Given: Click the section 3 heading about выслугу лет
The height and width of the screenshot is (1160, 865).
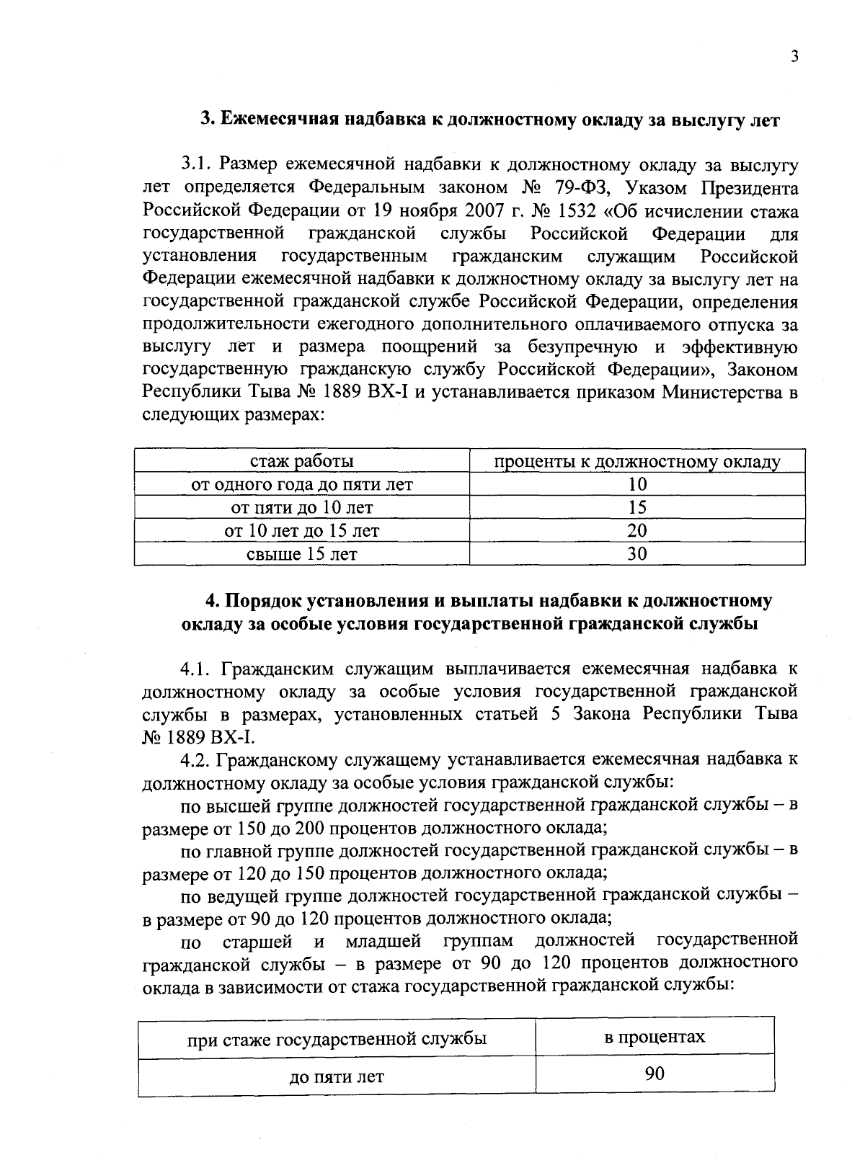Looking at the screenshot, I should point(490,120).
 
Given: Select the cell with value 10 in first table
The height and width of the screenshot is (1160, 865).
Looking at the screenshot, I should point(637,485).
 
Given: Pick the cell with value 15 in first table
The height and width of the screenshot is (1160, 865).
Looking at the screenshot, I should point(637,508).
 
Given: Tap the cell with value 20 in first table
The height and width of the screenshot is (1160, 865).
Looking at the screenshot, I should point(637,531).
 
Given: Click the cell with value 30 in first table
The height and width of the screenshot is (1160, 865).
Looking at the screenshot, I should point(637,554).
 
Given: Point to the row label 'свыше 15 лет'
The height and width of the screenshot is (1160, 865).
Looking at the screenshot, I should point(301,554).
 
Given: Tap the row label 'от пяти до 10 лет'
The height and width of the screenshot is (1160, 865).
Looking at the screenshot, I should point(301,508).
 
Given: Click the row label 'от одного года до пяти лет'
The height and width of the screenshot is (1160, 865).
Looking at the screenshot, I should point(301,485).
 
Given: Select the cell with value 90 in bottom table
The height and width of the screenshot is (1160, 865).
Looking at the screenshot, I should point(655,1074).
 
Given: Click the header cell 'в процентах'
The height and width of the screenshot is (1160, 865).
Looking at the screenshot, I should point(655,1038).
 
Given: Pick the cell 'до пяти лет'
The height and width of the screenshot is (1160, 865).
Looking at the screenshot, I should point(337,1077).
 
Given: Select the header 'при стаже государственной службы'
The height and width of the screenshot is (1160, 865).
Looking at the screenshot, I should point(337,1039).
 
